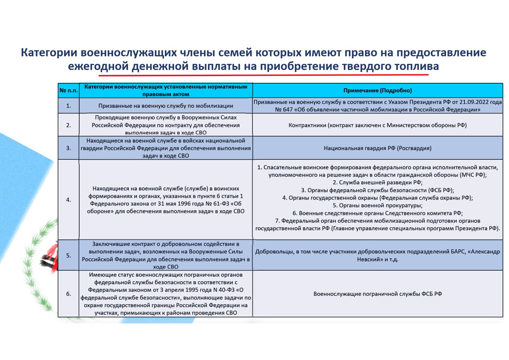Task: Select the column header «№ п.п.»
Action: point(68,90)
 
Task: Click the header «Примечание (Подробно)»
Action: point(378,90)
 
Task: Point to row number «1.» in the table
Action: point(68,106)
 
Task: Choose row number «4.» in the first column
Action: point(68,200)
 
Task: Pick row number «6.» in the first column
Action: point(68,294)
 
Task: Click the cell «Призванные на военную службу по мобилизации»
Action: point(166,106)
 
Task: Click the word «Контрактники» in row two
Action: point(307,125)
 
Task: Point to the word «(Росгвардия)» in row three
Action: point(414,148)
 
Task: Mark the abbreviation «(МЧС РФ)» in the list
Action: point(474,175)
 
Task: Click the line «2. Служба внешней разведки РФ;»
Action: point(378,183)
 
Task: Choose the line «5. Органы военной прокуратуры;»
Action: point(378,206)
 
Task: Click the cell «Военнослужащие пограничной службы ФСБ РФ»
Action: point(378,294)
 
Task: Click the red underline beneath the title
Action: point(263,75)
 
